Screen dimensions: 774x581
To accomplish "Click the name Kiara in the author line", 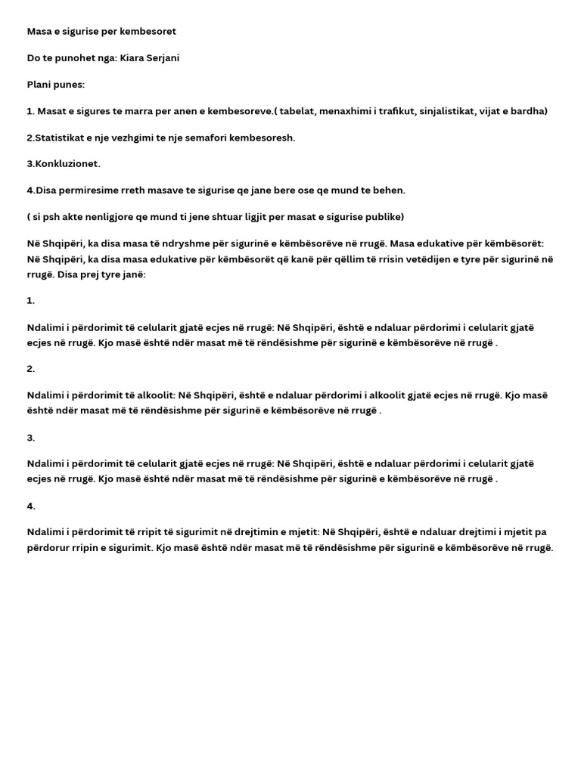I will coord(133,58).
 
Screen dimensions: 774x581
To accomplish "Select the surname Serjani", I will coord(165,58).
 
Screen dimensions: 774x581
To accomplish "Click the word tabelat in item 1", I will coord(298,111).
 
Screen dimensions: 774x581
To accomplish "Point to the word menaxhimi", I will coord(345,111).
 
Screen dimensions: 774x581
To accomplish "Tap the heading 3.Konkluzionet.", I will coord(64,164).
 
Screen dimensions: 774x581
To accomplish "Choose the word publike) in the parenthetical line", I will coord(384,217).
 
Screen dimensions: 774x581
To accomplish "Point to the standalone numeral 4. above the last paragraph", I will coord(31,506).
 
